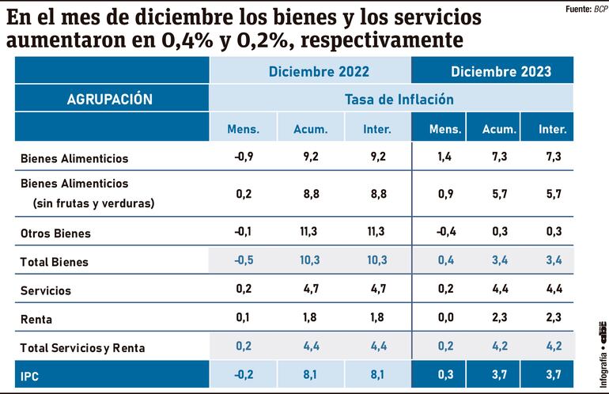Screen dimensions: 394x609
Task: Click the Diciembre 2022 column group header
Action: coord(319,71)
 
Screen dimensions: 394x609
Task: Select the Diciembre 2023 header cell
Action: coord(501,71)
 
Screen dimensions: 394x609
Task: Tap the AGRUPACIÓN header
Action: coord(110,100)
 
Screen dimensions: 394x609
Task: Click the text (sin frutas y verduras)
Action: coord(93,203)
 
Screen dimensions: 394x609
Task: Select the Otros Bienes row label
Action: coord(55,233)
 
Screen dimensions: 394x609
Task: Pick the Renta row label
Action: coord(36,319)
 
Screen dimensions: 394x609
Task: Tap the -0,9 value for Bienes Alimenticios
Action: coord(244,157)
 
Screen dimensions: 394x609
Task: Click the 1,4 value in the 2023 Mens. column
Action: coord(445,157)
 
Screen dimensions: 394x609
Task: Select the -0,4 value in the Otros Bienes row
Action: coord(445,232)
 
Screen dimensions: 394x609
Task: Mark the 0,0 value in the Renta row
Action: coord(445,317)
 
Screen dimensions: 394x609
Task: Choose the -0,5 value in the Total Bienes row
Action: coord(244,260)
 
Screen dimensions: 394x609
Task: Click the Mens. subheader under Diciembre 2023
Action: coord(445,129)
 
